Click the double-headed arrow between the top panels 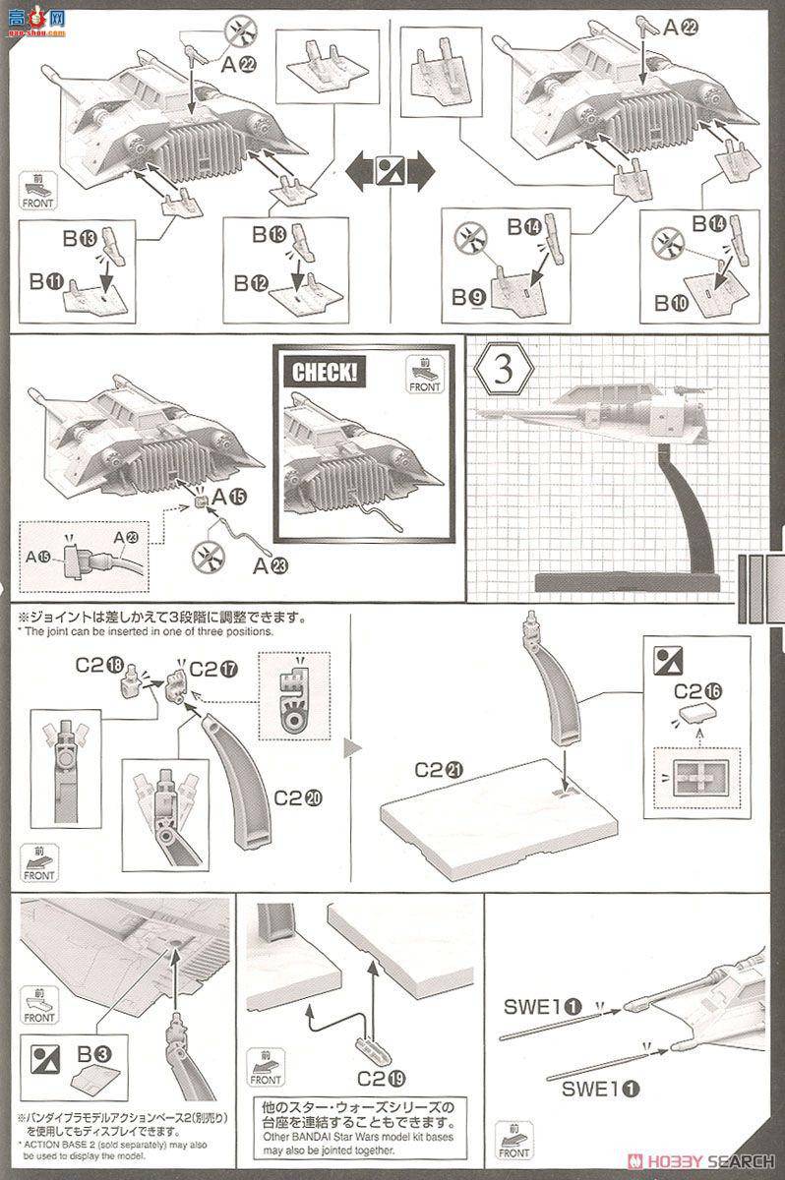point(392,171)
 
